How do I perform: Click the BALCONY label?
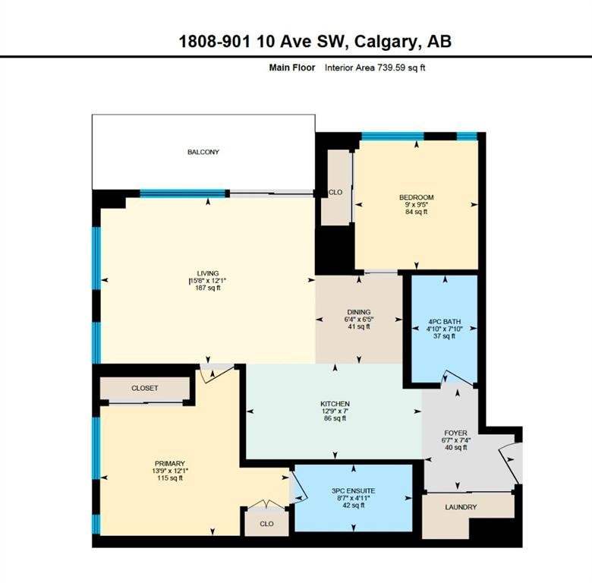203,152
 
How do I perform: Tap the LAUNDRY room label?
461,507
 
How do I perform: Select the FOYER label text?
455,433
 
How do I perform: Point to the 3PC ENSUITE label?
354,491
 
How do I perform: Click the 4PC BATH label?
444,322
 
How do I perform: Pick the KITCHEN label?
335,404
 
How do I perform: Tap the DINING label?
359,312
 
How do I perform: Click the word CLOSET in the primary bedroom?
145,388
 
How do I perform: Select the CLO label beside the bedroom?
335,192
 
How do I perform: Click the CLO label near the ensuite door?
266,524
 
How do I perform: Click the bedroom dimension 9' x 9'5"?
416,204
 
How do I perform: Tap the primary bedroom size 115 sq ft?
170,478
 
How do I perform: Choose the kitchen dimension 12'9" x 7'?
335,411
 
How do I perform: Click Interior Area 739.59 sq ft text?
375,68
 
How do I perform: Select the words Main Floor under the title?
292,68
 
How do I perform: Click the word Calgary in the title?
388,42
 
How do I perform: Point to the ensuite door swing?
299,487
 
